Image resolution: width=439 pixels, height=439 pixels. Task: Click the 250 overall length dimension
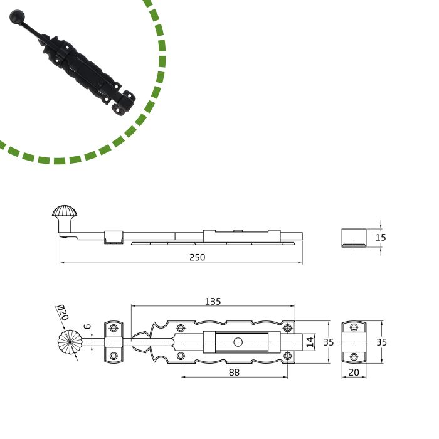(197, 257)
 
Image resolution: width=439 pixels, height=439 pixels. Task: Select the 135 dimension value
(213, 301)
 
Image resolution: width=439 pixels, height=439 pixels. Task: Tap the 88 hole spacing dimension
(234, 373)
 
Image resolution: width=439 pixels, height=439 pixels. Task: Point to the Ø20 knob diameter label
(63, 312)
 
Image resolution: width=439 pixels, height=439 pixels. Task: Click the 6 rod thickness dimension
(88, 326)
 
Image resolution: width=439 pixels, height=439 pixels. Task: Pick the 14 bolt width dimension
(310, 342)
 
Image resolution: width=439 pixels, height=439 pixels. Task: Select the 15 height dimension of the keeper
(380, 238)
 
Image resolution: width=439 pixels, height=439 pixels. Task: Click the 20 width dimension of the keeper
(354, 373)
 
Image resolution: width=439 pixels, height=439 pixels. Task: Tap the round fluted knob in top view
(70, 342)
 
